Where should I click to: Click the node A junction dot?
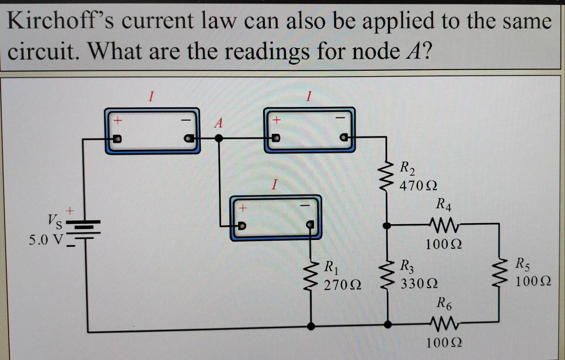coord(218,138)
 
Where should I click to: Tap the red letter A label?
coord(218,123)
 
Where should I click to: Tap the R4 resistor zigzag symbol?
coord(443,224)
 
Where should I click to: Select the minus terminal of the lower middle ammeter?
coord(310,225)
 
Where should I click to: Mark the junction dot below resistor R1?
coord(312,326)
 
